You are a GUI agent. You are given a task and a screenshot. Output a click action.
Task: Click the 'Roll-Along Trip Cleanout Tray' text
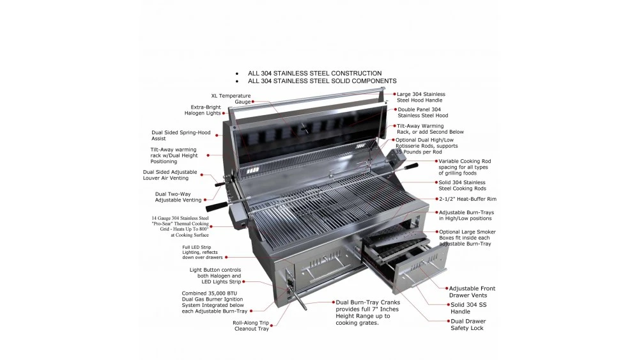(250, 325)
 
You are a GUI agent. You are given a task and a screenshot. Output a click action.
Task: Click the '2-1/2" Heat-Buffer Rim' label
(463, 199)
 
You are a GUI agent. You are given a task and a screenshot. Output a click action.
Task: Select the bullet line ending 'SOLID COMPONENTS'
(322, 81)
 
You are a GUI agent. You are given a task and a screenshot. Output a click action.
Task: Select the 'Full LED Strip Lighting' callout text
(202, 252)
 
